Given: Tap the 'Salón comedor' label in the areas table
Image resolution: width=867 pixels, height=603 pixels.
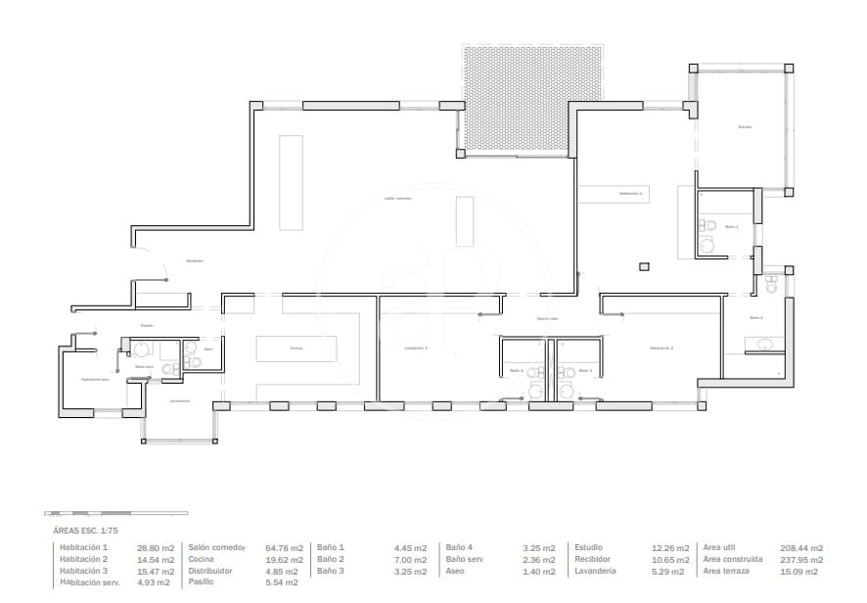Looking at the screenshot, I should [x=216, y=547].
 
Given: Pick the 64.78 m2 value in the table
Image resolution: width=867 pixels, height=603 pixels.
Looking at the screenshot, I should [x=284, y=547].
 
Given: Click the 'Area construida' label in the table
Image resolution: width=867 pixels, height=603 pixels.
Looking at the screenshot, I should [x=732, y=559].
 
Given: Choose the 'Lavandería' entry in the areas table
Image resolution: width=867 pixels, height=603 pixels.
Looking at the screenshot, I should [x=595, y=570].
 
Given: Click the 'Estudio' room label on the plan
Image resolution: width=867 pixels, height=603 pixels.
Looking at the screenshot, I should [x=745, y=127].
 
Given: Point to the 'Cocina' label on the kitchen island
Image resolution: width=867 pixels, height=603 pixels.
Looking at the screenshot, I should [x=296, y=348].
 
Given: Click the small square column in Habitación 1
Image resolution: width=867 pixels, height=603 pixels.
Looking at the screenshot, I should [x=643, y=264].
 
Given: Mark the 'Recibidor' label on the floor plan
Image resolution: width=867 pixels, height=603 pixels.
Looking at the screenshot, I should [x=195, y=260].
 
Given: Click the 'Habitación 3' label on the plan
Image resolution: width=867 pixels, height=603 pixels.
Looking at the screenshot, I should [x=417, y=348].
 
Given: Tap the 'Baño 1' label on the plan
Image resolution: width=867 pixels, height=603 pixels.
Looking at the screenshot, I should [x=731, y=226].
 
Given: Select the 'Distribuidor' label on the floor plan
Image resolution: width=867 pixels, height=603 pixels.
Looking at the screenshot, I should [x=547, y=319].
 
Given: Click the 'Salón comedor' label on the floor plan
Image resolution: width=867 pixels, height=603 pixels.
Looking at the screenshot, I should [x=397, y=198].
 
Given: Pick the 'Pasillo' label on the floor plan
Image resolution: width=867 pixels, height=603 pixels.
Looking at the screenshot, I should [x=147, y=326].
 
